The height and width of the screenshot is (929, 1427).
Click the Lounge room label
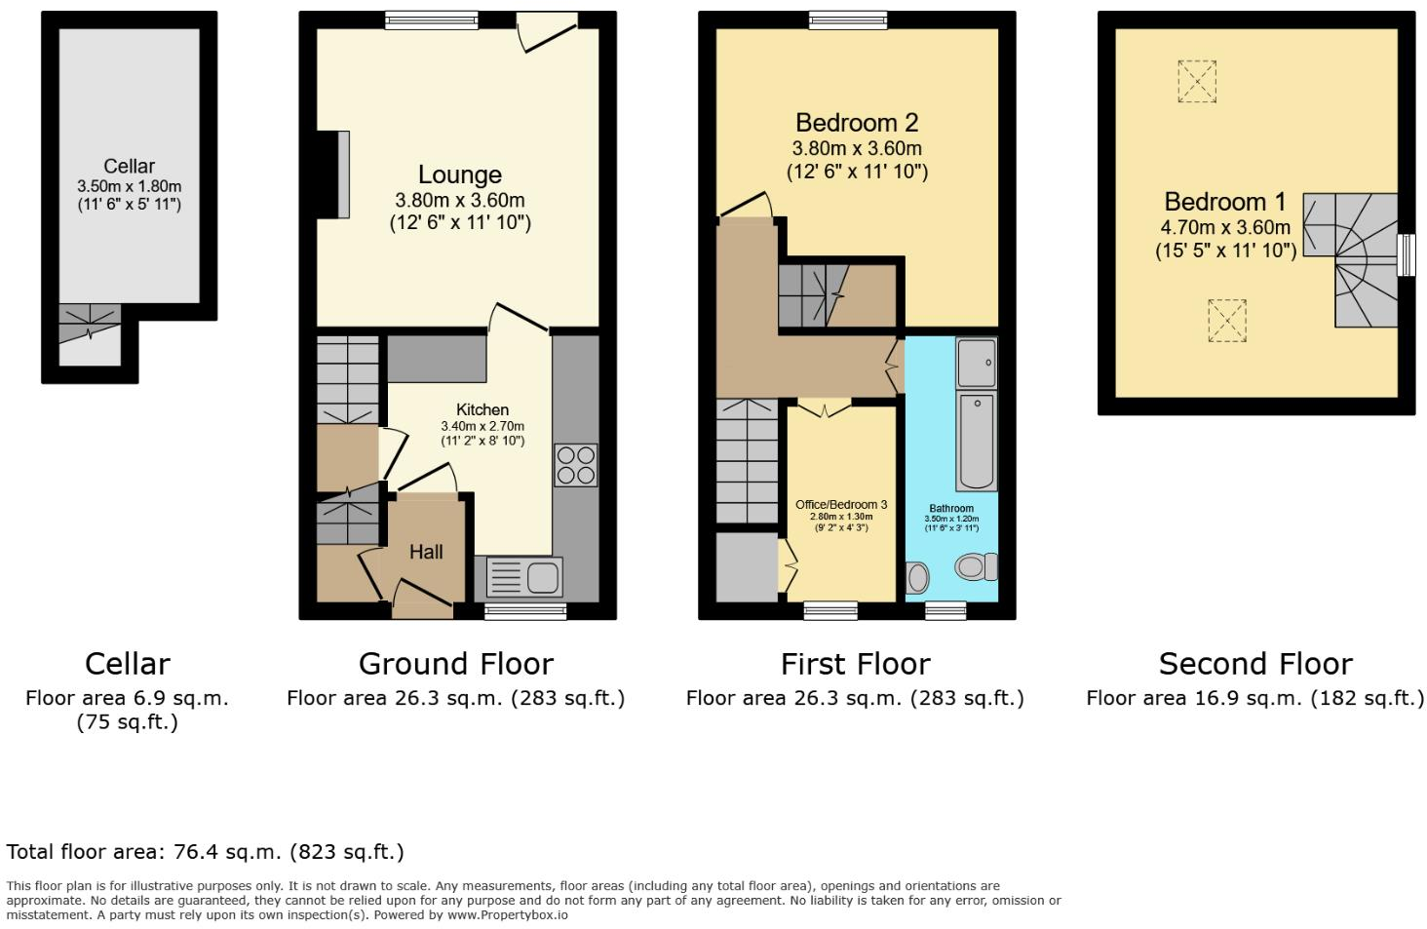click(459, 175)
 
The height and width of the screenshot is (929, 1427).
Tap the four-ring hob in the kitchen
click(575, 465)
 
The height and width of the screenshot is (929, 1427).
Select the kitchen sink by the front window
click(524, 577)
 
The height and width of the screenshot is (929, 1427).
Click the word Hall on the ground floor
click(426, 553)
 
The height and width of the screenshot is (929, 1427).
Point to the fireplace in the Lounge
click(342, 174)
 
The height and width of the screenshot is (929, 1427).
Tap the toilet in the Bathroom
click(976, 566)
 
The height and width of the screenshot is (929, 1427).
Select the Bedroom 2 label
click(856, 124)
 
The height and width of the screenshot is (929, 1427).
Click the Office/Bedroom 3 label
click(840, 505)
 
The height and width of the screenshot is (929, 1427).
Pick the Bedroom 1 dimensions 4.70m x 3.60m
click(1224, 228)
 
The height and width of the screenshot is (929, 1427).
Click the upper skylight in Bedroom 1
click(1197, 81)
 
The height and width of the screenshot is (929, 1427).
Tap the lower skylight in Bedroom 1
click(1226, 321)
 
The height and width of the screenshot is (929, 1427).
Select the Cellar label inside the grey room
click(129, 167)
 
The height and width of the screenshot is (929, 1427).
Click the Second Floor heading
click(1254, 665)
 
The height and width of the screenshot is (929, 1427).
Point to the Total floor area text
click(205, 852)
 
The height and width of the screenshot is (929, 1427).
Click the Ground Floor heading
click(455, 665)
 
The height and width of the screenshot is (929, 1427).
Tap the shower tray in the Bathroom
click(976, 363)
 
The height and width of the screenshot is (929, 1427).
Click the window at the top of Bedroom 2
click(847, 19)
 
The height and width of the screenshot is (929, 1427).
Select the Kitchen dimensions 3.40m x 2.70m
click(482, 427)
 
